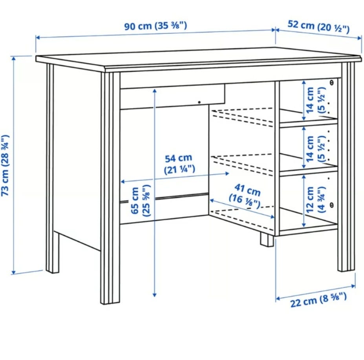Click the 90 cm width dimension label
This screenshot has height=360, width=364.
click(155, 26)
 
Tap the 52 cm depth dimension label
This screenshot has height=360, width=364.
click(318, 26)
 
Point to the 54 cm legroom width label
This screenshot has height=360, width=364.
click(179, 164)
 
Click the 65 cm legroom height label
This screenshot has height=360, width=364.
click(141, 201)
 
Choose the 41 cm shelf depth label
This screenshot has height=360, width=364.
click(245, 196)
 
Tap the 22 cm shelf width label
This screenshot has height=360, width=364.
click(318, 300)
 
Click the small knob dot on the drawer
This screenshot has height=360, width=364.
click(199, 102)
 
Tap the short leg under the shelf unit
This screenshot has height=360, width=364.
click(267, 239)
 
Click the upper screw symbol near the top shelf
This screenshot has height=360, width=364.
click(332, 82)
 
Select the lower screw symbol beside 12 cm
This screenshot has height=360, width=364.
click(332, 205)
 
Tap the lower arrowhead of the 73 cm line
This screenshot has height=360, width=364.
click(13, 272)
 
